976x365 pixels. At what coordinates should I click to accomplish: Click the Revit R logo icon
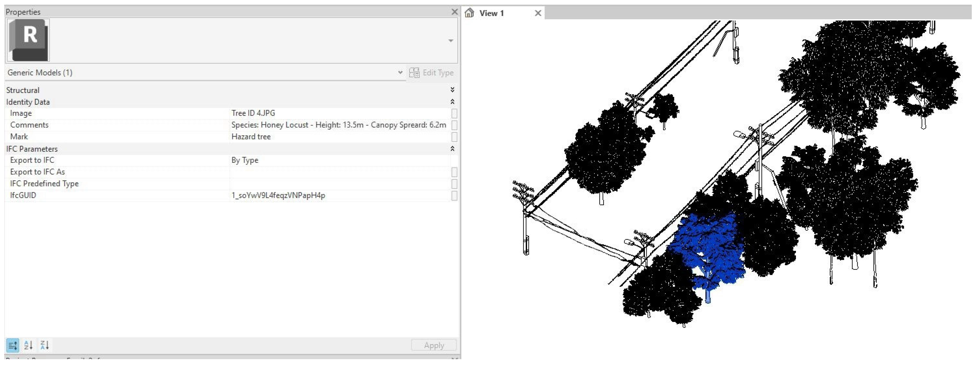[x=28, y=40]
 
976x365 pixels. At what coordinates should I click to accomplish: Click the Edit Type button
[x=432, y=72]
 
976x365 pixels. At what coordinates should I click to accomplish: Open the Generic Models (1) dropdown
[x=400, y=72]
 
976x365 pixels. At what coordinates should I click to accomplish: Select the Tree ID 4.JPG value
[x=253, y=113]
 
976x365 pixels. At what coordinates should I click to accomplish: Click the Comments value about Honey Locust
[x=338, y=125]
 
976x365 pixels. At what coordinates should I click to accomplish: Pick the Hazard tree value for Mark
[x=251, y=137]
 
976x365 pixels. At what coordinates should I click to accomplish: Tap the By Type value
[x=245, y=160]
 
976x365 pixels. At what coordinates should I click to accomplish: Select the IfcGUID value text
[x=278, y=195]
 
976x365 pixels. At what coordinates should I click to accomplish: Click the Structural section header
[x=23, y=90]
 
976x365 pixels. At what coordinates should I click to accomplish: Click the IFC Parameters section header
[x=32, y=149]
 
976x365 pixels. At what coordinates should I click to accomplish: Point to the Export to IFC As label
[x=37, y=172]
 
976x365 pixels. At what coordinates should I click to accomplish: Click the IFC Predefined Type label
[x=44, y=184]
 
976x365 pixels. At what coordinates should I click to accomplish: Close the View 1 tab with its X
[x=538, y=13]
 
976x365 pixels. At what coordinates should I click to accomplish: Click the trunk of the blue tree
[x=707, y=294]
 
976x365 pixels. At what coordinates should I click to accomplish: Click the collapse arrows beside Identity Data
[x=452, y=102]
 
